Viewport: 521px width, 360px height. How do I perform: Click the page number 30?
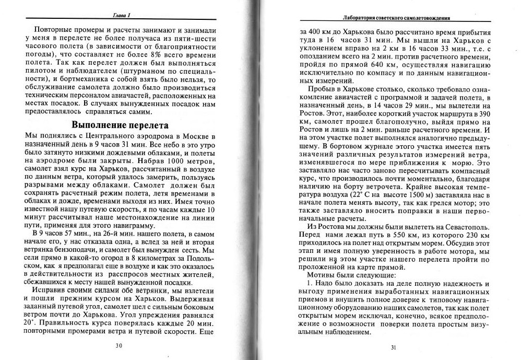[119, 345]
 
